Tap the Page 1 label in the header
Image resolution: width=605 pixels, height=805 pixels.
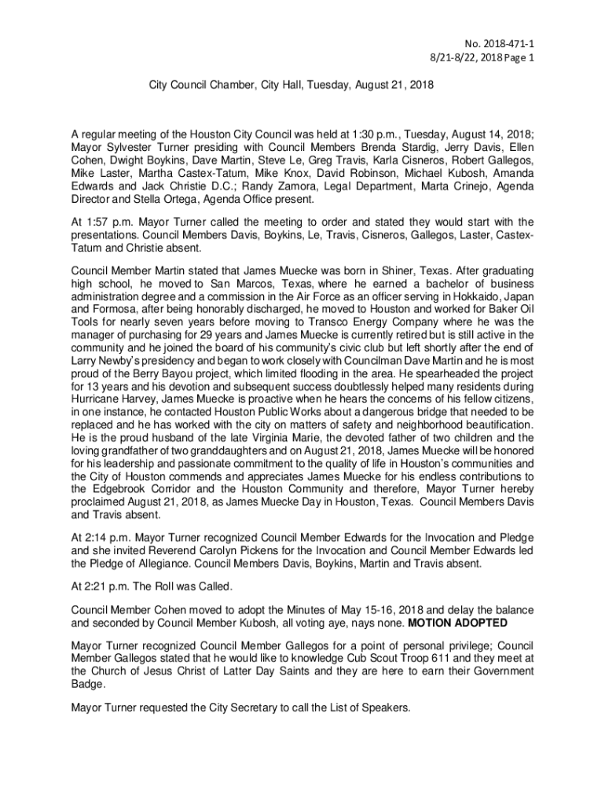(519, 57)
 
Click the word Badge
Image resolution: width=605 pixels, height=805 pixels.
(86, 683)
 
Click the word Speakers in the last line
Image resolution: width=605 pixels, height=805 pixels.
(384, 708)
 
